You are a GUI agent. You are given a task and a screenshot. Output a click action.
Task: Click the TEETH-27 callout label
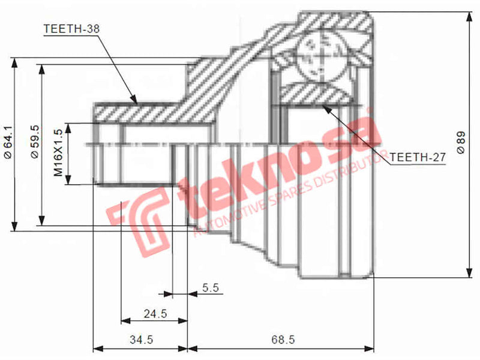click(x=418, y=157)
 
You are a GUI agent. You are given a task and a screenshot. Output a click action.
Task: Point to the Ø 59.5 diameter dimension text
click(x=34, y=142)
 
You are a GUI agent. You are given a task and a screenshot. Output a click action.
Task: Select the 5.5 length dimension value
click(x=210, y=288)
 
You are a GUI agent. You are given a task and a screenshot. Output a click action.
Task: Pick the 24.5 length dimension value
click(x=154, y=313)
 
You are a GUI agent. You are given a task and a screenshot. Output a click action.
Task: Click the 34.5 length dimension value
click(x=142, y=340)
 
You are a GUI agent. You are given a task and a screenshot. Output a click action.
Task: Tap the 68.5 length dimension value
click(x=283, y=340)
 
